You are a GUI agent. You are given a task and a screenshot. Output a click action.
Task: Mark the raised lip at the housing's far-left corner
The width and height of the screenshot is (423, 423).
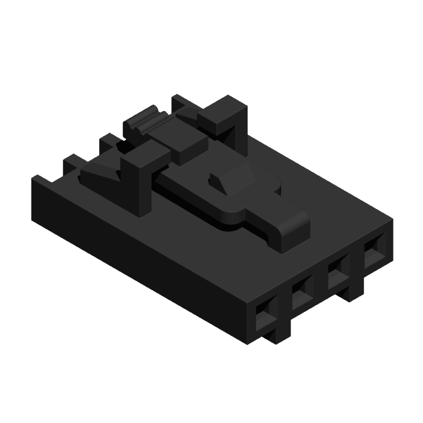[38, 179]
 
